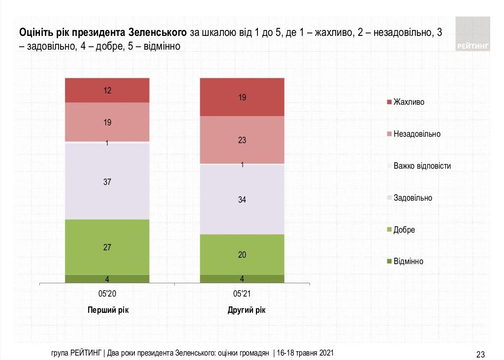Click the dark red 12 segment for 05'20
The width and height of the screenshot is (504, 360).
pos(107,90)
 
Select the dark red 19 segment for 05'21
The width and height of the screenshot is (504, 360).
pos(242,97)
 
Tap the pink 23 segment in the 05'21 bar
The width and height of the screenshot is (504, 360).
pos(242,140)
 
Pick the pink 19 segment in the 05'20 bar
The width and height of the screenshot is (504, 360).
pos(107,122)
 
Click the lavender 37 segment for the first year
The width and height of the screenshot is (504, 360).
pos(107,181)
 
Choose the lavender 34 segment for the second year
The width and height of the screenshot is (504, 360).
pos(242,199)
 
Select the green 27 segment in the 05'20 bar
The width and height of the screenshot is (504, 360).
pos(107,247)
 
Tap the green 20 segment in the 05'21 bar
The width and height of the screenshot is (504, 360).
pos(242,254)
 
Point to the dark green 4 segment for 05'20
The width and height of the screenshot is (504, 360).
pos(107,279)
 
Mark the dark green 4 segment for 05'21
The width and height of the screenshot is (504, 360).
pos(242,279)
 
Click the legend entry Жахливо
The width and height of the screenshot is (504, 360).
pos(409,102)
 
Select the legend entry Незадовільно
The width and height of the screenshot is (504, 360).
pos(417,134)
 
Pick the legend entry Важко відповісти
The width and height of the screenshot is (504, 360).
pos(422,166)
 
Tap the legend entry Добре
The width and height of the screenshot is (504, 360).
pos(404,230)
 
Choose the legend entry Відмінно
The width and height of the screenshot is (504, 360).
pos(408,261)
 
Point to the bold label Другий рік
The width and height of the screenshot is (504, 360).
pos(242,310)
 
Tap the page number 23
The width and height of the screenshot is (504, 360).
pos(480,354)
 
